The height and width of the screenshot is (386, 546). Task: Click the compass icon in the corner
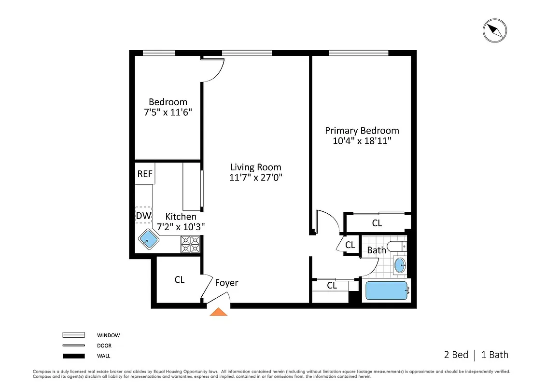[495, 31]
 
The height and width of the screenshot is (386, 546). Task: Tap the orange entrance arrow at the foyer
[219, 312]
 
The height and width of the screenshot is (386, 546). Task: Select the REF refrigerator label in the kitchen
[145, 174]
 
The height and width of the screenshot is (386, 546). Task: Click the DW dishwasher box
[143, 216]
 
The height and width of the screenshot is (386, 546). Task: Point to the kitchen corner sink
[149, 238]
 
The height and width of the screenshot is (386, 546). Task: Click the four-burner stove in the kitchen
[190, 244]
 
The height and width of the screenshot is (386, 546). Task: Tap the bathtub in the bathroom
[387, 291]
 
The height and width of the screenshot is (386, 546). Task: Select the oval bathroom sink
[400, 265]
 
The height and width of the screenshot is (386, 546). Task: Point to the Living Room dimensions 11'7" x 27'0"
[255, 177]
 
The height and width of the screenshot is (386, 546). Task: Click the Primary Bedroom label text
[362, 130]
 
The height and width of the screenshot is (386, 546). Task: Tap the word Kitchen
[181, 217]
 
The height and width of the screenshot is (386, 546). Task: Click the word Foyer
[226, 283]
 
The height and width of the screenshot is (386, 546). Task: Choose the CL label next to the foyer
[180, 279]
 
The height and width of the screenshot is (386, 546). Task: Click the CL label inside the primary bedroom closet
[377, 223]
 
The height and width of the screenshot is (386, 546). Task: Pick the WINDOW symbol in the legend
[73, 335]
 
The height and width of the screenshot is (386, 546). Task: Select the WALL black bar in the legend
[73, 356]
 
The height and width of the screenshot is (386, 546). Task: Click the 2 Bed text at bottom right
[456, 355]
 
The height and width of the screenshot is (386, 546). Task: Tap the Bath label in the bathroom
[377, 250]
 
